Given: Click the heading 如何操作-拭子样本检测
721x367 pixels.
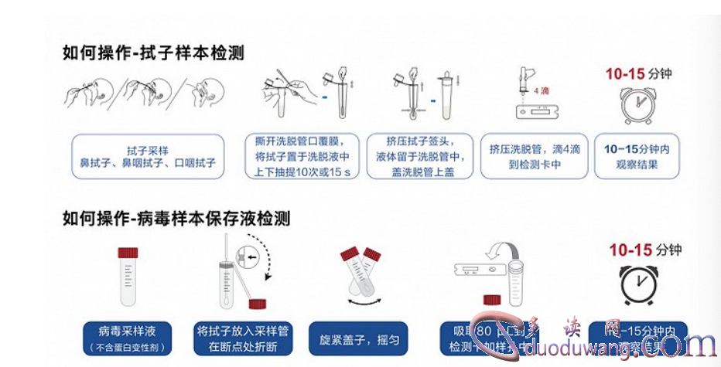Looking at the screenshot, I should click(x=153, y=53).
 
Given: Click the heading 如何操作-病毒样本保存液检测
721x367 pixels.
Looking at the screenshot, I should click(x=176, y=219).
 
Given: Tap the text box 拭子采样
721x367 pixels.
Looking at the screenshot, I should click(x=147, y=157).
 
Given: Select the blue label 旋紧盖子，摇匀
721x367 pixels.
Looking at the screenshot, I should click(x=358, y=338).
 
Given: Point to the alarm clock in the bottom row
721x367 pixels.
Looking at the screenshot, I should click(x=639, y=284).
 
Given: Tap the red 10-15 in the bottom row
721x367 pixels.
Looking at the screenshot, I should click(x=630, y=250).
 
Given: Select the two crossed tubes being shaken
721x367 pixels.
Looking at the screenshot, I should click(x=360, y=272).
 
